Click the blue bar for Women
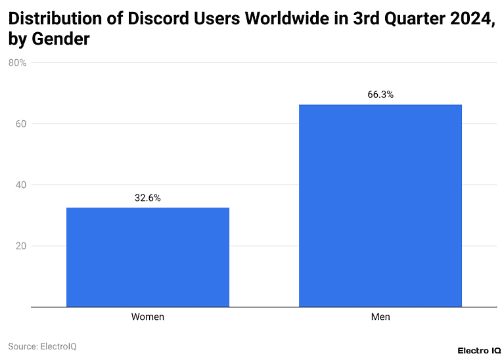click(148, 257)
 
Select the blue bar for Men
click(380, 206)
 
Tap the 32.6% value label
click(148, 198)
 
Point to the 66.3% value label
click(380, 95)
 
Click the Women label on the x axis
click(148, 317)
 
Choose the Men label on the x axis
click(380, 317)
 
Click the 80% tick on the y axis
click(17, 63)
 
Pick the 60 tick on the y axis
click(20, 124)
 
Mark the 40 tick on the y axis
click(20, 185)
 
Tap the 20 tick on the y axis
click(20, 246)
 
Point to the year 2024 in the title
click(472, 19)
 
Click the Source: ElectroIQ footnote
click(42, 346)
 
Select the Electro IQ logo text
click(479, 351)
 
